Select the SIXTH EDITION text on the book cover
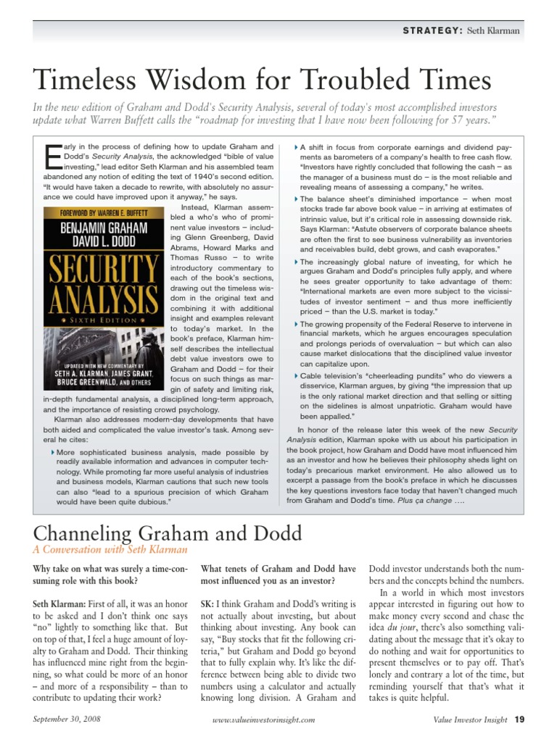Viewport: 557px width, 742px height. (104, 319)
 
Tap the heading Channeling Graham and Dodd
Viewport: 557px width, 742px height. (168, 533)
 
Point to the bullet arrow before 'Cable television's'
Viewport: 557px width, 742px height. (296, 376)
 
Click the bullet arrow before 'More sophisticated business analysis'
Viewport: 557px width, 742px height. (54, 453)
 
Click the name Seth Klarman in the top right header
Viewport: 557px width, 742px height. (495, 30)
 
